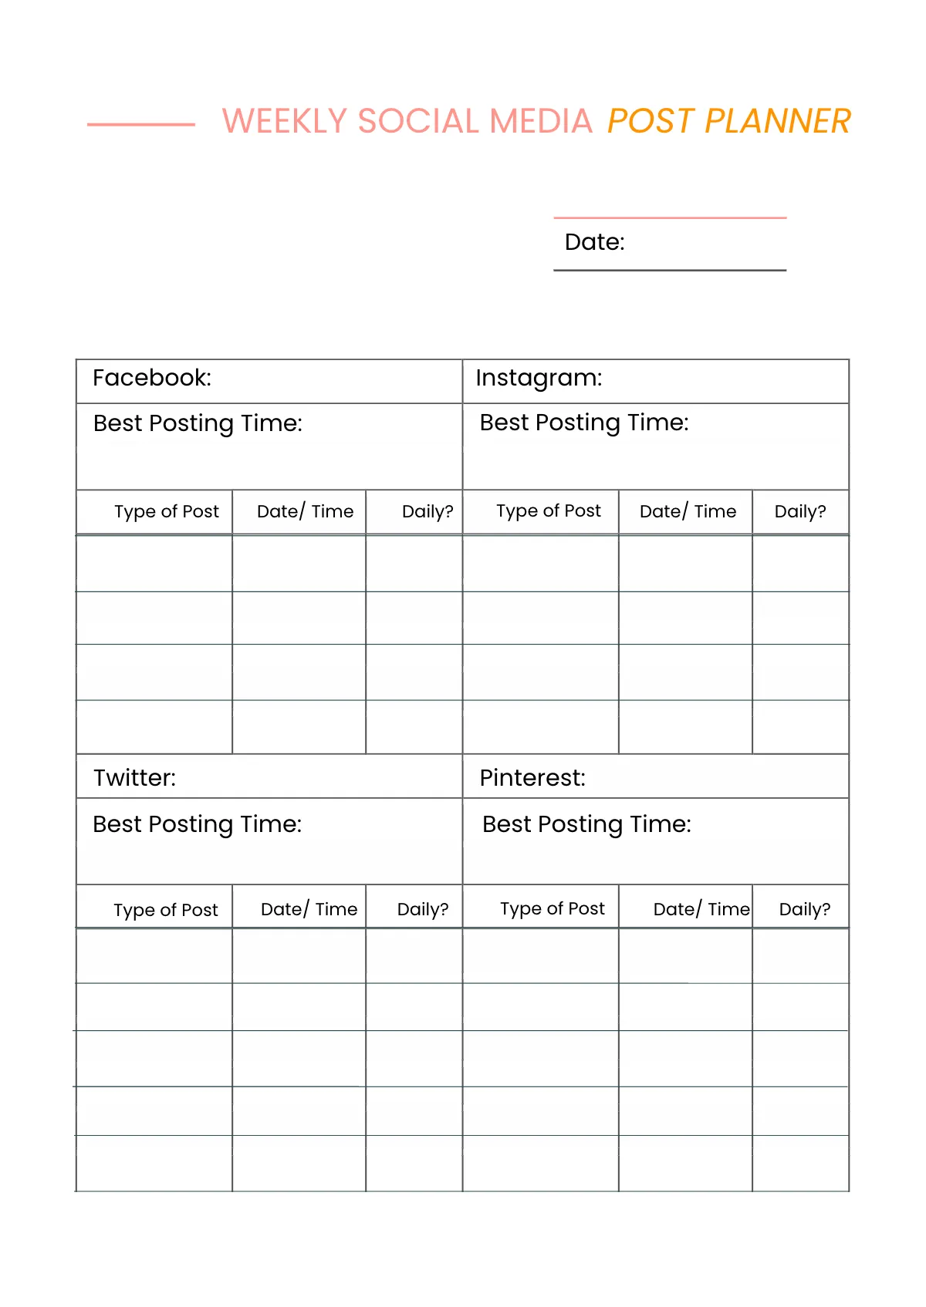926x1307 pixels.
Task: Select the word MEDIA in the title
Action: coord(540,121)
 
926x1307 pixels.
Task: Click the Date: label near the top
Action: coord(594,242)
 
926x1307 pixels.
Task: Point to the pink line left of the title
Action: coord(141,124)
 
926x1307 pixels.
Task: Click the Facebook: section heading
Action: coord(152,378)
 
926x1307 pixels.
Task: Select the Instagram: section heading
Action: coord(539,378)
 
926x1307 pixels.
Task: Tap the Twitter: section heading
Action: coord(134,777)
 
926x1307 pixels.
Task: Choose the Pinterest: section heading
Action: coord(532,777)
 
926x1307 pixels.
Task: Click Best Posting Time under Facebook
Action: coord(198,423)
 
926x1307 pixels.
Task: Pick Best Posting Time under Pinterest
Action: coord(586,824)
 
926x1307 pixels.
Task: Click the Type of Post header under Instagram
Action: coord(549,510)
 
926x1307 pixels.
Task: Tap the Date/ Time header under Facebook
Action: coord(305,511)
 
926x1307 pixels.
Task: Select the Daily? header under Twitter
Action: coord(422,909)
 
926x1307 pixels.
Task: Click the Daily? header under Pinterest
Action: coord(804,909)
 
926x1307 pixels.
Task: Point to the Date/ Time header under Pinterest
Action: coord(701,909)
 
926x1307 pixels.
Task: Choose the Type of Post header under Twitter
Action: coord(166,910)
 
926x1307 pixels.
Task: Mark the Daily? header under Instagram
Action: coord(800,511)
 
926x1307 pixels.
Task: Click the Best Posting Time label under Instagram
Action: coord(584,423)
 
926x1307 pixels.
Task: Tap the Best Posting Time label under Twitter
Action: coord(197,824)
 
